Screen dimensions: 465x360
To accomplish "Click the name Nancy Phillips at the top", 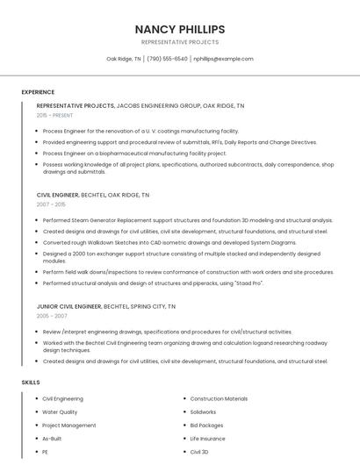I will click(180, 29).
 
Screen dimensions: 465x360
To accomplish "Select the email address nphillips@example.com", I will click(223, 59).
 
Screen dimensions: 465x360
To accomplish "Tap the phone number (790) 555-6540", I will click(167, 59).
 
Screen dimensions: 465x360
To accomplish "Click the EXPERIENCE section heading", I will click(38, 91).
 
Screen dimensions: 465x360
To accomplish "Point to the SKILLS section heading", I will click(31, 383).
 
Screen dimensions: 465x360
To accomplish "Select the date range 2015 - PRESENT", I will click(55, 115).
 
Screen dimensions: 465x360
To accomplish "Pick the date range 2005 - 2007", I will click(52, 314).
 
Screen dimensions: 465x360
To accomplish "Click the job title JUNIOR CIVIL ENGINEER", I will click(69, 306).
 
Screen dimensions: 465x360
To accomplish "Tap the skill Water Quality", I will click(61, 411).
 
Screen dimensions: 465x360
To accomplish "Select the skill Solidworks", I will click(203, 411).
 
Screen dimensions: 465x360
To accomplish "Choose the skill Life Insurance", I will click(207, 438).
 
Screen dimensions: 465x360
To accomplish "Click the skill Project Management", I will click(69, 425).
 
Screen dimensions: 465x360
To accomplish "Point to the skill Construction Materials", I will click(219, 398).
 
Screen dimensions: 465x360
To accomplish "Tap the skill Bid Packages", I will click(206, 425).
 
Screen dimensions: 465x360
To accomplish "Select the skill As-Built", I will click(53, 438).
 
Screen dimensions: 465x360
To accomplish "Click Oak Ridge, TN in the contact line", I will click(124, 59).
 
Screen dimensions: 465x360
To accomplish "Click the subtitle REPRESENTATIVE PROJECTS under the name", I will click(180, 42).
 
